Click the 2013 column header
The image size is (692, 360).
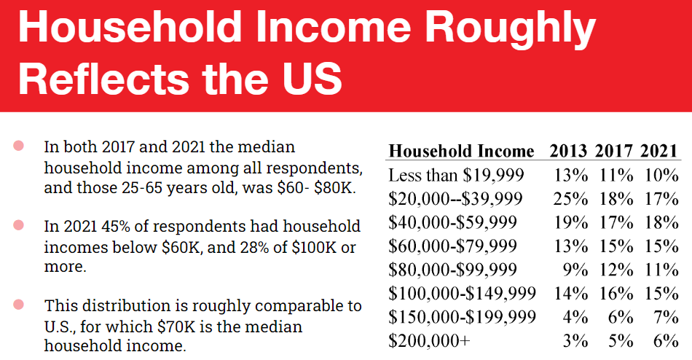click(568, 152)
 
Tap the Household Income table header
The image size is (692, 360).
click(461, 152)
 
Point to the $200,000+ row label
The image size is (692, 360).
click(429, 340)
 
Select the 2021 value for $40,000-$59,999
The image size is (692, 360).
click(661, 222)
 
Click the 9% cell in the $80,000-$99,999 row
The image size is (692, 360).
click(575, 270)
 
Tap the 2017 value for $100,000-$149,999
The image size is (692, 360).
click(615, 293)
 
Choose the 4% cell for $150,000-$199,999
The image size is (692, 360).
click(575, 317)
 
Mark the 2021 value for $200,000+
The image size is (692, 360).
click(665, 340)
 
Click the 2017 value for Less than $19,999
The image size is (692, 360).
click(615, 176)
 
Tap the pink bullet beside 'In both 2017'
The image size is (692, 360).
click(19, 146)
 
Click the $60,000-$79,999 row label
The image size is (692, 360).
click(453, 246)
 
